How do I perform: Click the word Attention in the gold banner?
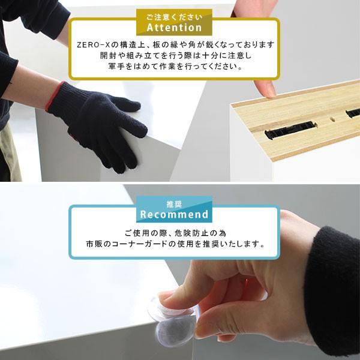pyautogui.click(x=174, y=28)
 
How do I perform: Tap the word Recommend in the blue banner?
pyautogui.click(x=174, y=214)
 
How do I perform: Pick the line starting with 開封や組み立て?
pyautogui.click(x=174, y=56)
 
